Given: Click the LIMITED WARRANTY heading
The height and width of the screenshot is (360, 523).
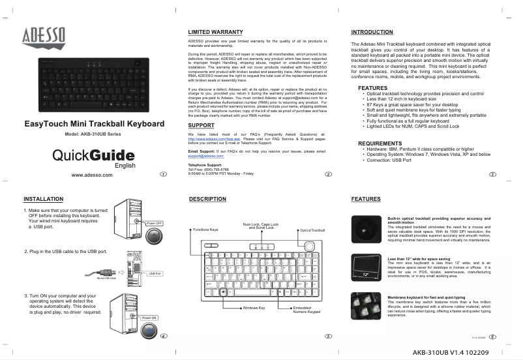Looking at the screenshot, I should (215, 31).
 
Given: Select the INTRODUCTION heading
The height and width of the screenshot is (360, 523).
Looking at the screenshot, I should (372, 32).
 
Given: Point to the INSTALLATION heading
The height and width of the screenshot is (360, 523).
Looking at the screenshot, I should (43, 198).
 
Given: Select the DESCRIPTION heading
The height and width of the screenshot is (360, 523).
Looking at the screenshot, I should (207, 198).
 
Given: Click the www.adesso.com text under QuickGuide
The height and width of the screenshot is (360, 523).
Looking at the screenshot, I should (91, 175).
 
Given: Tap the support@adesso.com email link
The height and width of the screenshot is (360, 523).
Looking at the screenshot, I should (205, 157).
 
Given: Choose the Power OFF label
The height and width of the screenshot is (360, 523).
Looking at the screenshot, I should (154, 223).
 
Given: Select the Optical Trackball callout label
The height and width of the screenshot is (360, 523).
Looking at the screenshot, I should (312, 230).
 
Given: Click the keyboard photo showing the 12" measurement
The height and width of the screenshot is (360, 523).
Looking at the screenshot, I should (366, 268).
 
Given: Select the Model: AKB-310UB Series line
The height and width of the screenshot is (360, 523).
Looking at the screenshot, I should (93, 134).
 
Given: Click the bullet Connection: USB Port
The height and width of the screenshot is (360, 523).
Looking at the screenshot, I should (389, 160).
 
